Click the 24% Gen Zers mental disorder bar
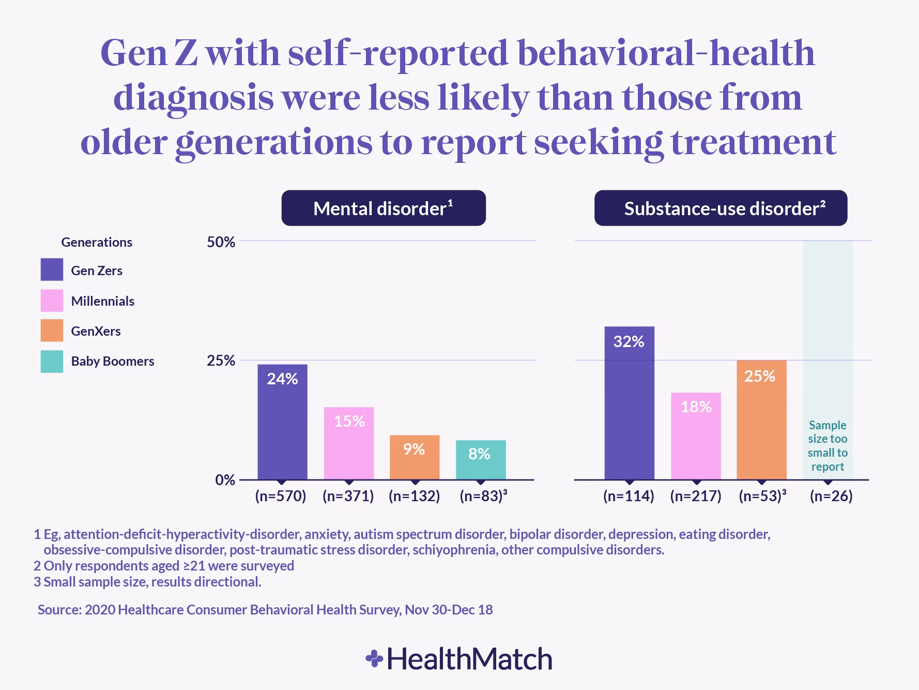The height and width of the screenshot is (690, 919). click(x=282, y=422)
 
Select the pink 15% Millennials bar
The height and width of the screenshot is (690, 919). click(x=349, y=443)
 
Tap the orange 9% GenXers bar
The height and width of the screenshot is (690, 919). click(x=415, y=457)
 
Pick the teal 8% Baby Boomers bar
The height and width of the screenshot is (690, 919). click(x=481, y=459)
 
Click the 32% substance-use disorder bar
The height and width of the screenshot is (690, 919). click(x=629, y=403)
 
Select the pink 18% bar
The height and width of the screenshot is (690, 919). click(x=696, y=436)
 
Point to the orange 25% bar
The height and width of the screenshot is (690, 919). click(x=761, y=419)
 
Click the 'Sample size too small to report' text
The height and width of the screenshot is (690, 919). click(x=828, y=446)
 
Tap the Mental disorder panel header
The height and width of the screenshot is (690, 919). click(x=384, y=208)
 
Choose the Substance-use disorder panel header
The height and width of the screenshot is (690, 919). click(x=721, y=208)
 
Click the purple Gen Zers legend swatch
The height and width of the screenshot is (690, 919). click(x=52, y=270)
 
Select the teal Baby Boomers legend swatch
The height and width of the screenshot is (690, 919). click(x=52, y=361)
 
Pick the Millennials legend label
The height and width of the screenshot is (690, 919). click(x=102, y=301)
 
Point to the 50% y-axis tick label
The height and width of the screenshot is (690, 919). click(x=221, y=242)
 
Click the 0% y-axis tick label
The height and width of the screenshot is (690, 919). click(x=225, y=480)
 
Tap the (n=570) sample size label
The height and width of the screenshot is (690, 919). click(x=281, y=497)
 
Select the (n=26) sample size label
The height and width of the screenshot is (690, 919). click(x=831, y=497)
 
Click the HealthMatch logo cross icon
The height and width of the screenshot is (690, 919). click(x=374, y=659)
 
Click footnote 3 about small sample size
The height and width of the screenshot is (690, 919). click(x=147, y=582)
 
